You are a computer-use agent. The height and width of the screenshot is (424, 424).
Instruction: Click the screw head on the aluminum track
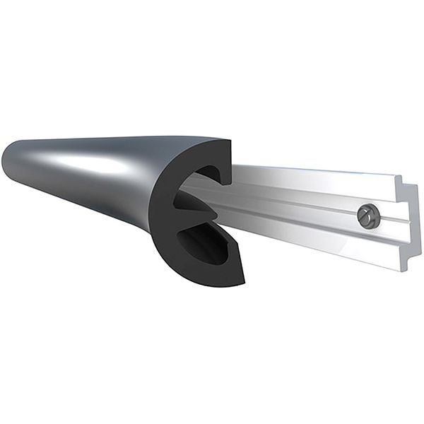point(365,213)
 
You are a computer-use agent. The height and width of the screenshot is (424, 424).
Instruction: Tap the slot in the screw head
point(365,213)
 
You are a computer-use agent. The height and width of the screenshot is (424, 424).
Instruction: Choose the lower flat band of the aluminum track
point(318,237)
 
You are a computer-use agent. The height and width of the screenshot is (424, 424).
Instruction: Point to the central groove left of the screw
point(297,205)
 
